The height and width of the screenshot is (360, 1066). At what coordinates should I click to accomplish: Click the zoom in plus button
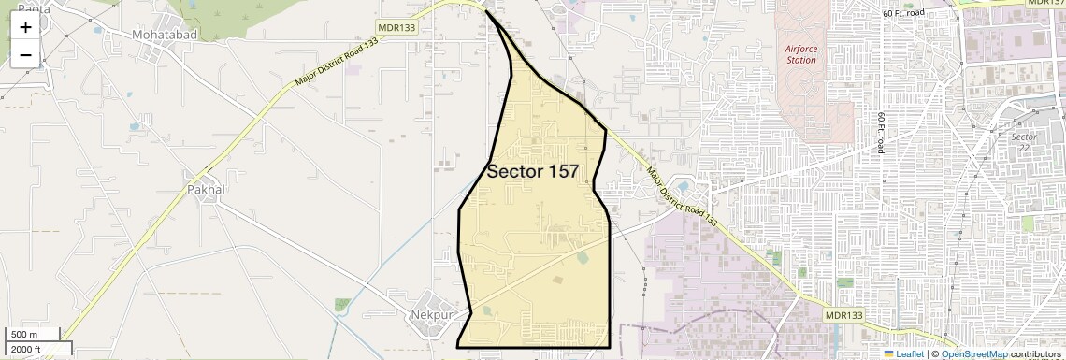(25, 27)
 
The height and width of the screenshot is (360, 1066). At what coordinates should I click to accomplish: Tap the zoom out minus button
(25, 54)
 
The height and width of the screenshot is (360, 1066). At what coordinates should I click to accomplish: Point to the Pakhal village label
(207, 189)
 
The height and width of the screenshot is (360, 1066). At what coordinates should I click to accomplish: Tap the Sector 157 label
(532, 171)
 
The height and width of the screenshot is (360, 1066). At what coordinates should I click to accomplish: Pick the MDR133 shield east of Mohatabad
(396, 27)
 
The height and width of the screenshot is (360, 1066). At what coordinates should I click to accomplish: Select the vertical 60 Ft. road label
(881, 133)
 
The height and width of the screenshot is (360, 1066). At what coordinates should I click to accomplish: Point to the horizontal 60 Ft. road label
(916, 13)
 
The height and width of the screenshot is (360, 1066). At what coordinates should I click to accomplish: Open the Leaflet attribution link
(910, 353)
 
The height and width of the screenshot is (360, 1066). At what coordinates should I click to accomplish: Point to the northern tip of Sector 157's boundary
(486, 11)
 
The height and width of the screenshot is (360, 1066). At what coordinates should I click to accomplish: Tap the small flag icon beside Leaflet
(888, 353)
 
